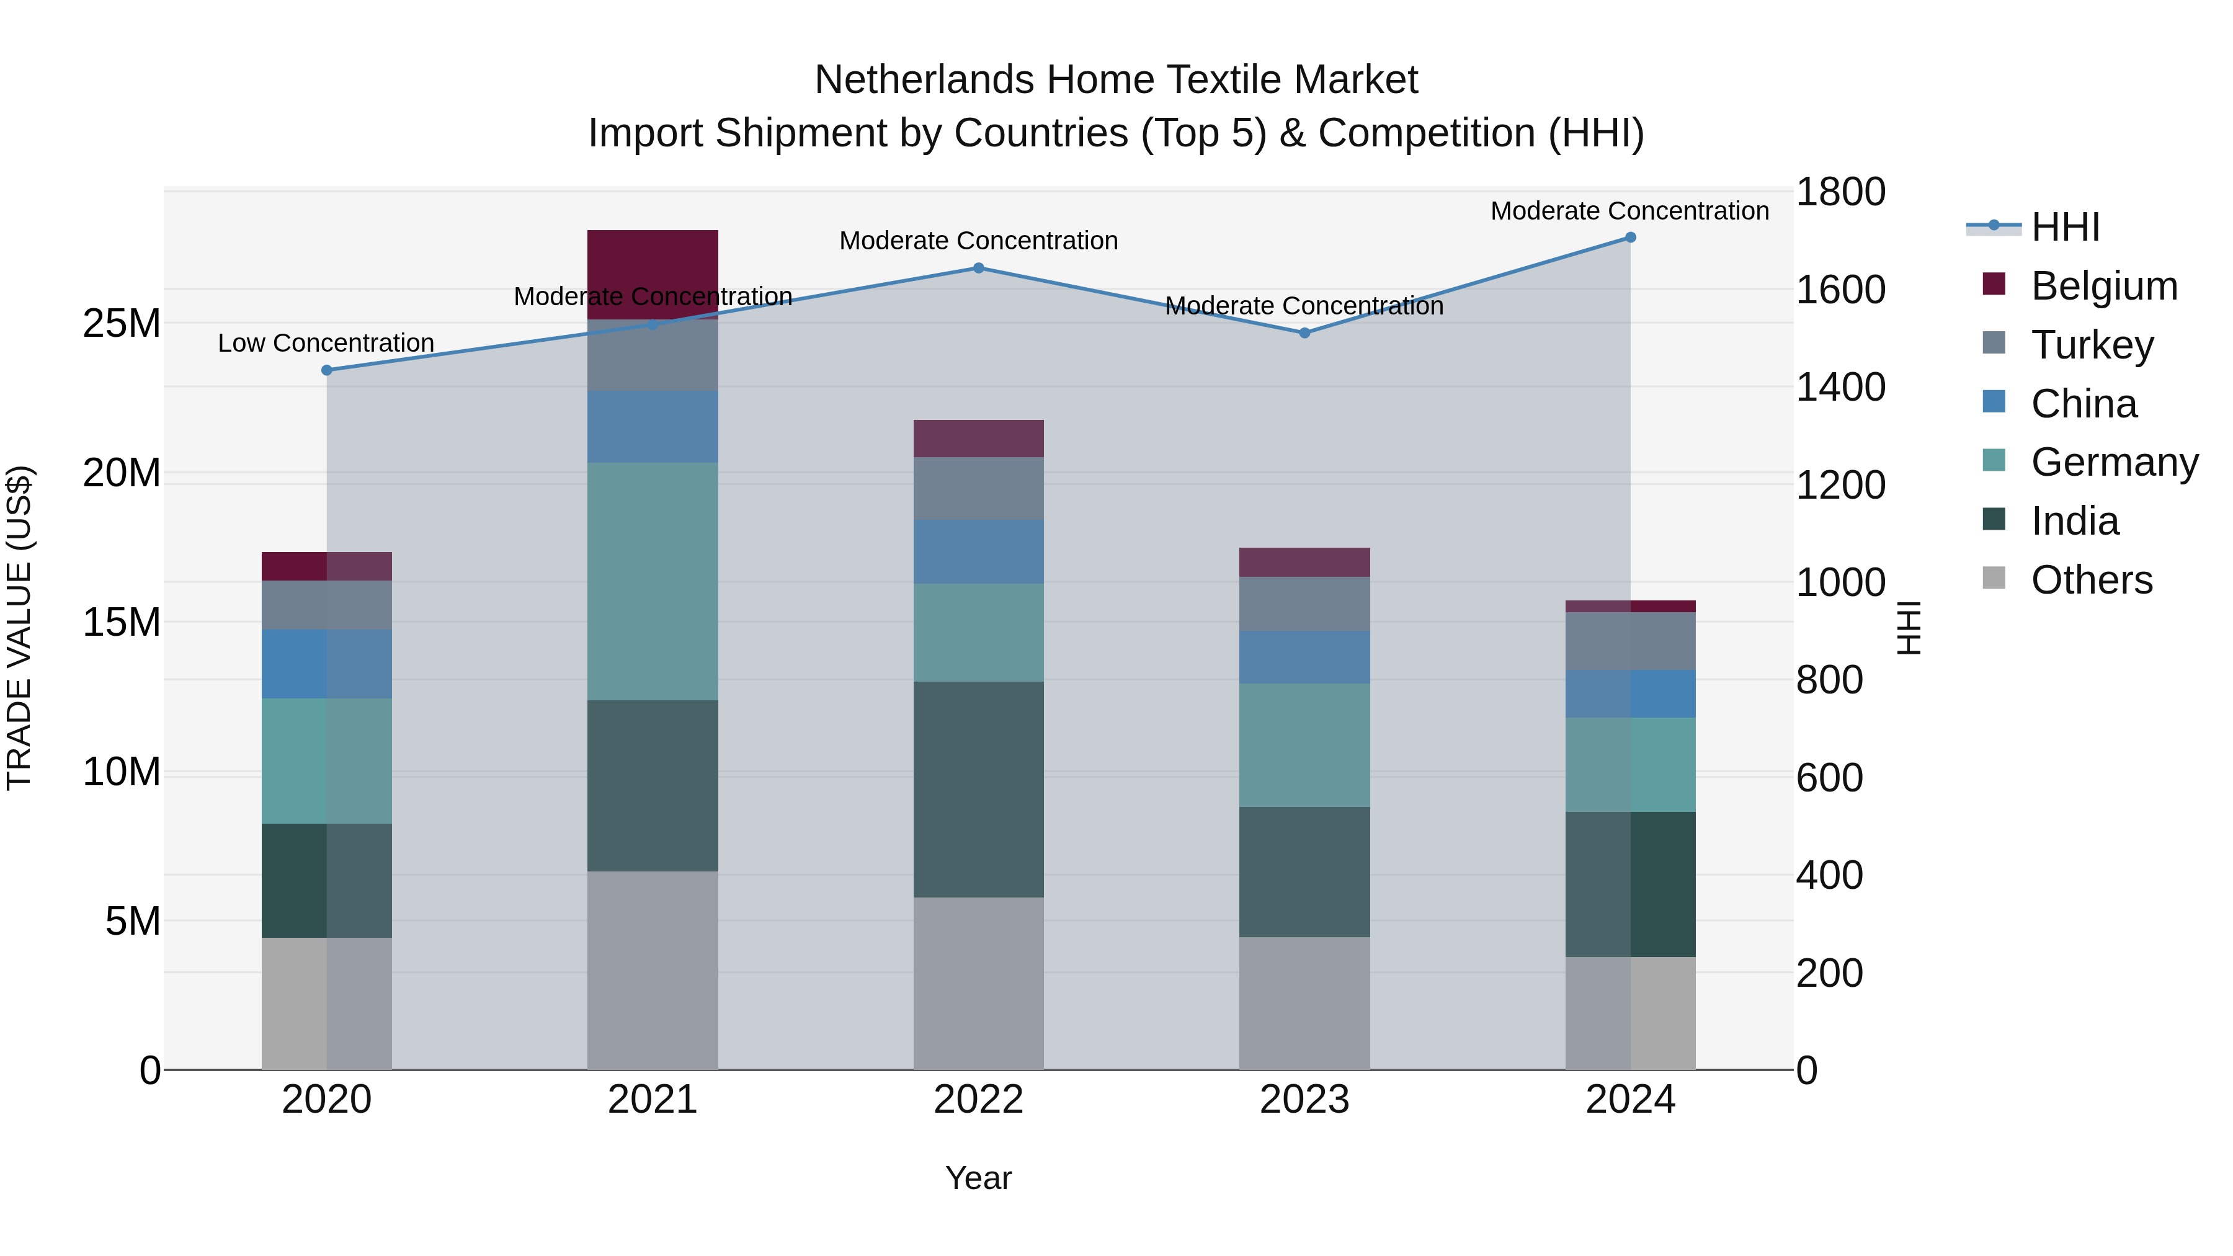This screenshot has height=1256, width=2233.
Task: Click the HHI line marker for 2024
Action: (x=1629, y=238)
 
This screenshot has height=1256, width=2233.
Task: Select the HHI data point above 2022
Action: (x=979, y=268)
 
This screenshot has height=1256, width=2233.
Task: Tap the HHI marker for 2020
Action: (x=327, y=370)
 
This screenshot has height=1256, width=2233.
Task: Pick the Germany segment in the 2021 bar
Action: (x=653, y=581)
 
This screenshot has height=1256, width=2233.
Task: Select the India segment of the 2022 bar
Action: (x=979, y=789)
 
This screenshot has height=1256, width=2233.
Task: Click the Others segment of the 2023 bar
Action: (x=1304, y=1003)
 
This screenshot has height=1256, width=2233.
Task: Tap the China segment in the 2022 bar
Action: (x=979, y=551)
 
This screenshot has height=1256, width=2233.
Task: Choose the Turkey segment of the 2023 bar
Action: (x=1304, y=604)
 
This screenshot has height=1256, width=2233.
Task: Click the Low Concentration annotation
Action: (x=326, y=343)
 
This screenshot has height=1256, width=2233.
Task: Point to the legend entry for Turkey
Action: (x=2092, y=345)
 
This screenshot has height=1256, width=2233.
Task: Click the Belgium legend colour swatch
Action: (x=1994, y=284)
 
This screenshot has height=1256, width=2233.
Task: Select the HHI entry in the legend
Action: (x=2065, y=227)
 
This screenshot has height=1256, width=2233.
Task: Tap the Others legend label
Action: (x=2092, y=580)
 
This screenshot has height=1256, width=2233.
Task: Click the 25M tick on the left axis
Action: (x=122, y=323)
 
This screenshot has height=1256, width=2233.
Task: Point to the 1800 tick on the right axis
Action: (x=1840, y=192)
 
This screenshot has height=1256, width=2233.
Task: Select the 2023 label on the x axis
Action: (x=1304, y=1100)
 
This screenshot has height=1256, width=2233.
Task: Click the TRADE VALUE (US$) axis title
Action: (x=19, y=628)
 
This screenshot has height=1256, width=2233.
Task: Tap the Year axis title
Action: (x=979, y=1178)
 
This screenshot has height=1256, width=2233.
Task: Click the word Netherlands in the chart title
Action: (x=925, y=80)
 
